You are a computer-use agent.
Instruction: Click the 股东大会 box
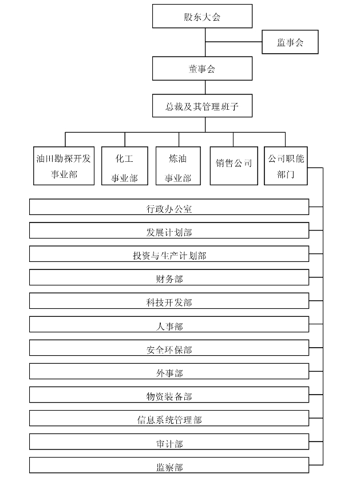pyautogui.click(x=202, y=16)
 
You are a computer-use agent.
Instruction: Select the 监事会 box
pyautogui.click(x=290, y=42)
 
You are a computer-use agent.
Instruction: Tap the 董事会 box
pyautogui.click(x=202, y=69)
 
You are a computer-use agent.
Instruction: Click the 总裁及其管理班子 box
pyautogui.click(x=202, y=106)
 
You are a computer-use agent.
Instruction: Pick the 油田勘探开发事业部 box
pyautogui.click(x=64, y=166)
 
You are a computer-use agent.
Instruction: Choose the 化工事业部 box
pyautogui.click(x=125, y=166)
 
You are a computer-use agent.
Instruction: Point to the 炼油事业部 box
pyautogui.click(x=179, y=166)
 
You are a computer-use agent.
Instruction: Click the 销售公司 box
pyautogui.click(x=234, y=166)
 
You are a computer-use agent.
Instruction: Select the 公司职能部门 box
pyautogui.click(x=286, y=166)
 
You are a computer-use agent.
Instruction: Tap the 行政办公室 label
pyautogui.click(x=169, y=209)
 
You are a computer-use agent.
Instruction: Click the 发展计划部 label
pyautogui.click(x=169, y=233)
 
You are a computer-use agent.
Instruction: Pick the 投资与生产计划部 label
pyautogui.click(x=169, y=256)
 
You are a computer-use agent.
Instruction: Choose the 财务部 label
pyautogui.click(x=169, y=279)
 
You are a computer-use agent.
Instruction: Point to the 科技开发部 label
pyautogui.click(x=169, y=303)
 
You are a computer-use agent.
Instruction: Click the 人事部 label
pyautogui.click(x=169, y=327)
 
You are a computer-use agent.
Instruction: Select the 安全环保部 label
pyautogui.click(x=169, y=349)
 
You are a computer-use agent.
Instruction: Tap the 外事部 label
pyautogui.click(x=169, y=373)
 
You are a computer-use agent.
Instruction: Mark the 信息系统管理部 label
pyautogui.click(x=169, y=420)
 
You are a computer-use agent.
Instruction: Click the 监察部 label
pyautogui.click(x=169, y=467)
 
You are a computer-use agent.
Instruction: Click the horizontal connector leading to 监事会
pyautogui.click(x=234, y=42)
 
